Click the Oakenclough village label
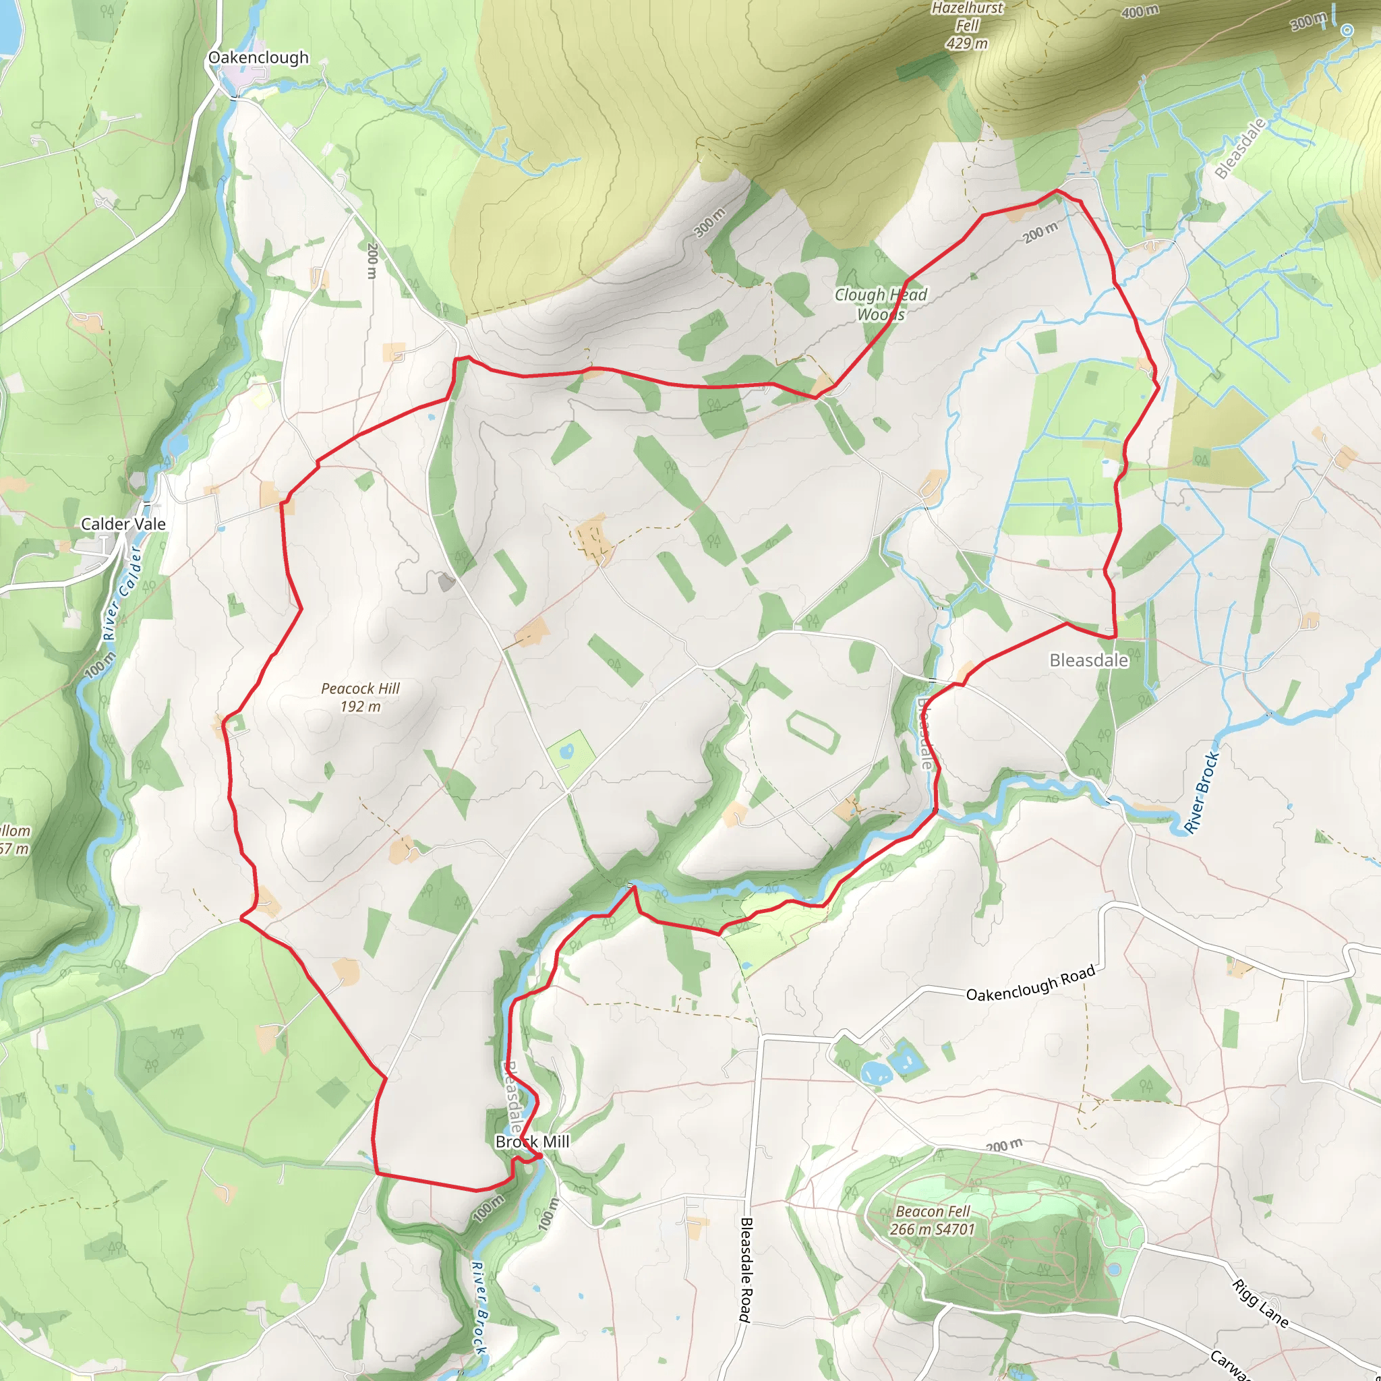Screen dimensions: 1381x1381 [x=258, y=57]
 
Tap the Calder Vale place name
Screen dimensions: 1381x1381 [x=123, y=524]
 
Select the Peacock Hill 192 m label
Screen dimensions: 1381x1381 [x=360, y=697]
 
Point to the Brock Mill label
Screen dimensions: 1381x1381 [x=533, y=1142]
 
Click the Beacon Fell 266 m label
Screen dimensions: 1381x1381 [x=932, y=1220]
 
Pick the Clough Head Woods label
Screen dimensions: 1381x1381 [x=881, y=305]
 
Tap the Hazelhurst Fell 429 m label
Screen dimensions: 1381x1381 [x=967, y=26]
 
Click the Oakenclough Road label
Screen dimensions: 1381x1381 [x=1030, y=984]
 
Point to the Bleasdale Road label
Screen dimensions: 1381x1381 [x=746, y=1270]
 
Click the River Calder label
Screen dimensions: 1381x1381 [x=122, y=593]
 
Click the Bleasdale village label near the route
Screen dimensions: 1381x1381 [x=1088, y=659]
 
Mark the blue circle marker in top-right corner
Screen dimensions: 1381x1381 [x=1347, y=30]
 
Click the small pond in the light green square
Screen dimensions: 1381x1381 [x=567, y=751]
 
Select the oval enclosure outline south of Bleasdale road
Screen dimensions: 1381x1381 [x=811, y=730]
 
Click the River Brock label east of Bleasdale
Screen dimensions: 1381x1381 [x=1201, y=792]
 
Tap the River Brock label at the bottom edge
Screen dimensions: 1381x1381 [x=479, y=1307]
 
